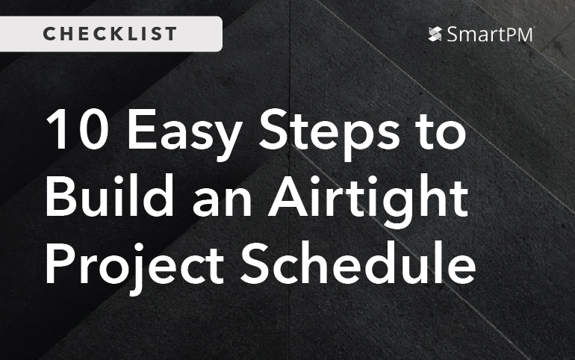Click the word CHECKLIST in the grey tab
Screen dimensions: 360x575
111,34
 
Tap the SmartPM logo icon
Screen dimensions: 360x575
436,34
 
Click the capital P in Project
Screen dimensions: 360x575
60,266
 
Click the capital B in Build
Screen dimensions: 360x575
60,199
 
